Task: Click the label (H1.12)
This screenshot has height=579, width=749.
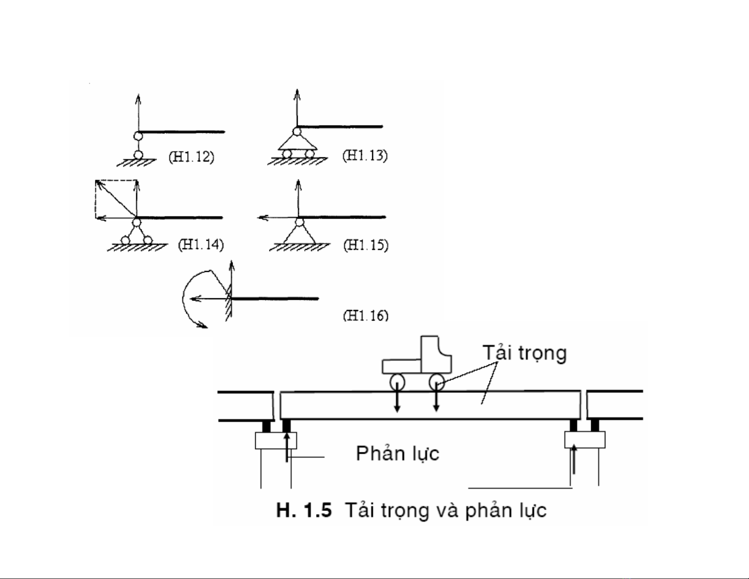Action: click(x=191, y=156)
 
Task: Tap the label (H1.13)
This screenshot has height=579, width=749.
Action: click(x=365, y=156)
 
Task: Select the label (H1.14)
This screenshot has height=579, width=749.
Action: click(x=200, y=244)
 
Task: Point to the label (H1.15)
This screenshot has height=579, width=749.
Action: click(x=366, y=245)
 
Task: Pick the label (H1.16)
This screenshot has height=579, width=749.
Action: click(x=365, y=315)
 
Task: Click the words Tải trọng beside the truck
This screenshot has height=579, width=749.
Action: click(x=524, y=353)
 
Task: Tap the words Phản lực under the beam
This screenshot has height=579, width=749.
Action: click(x=397, y=453)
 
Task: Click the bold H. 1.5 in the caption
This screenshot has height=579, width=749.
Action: click(x=304, y=510)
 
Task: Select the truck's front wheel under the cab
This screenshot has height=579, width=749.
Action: click(x=436, y=381)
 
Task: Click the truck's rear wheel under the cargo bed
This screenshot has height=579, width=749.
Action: click(x=397, y=381)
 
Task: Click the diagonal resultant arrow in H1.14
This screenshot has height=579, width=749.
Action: click(x=115, y=199)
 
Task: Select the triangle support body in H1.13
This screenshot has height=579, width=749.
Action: click(x=297, y=142)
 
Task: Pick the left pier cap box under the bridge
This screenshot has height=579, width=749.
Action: click(x=276, y=441)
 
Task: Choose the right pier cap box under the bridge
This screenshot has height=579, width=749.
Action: click(x=585, y=440)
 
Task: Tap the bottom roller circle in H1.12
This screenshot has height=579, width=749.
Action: click(x=138, y=155)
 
